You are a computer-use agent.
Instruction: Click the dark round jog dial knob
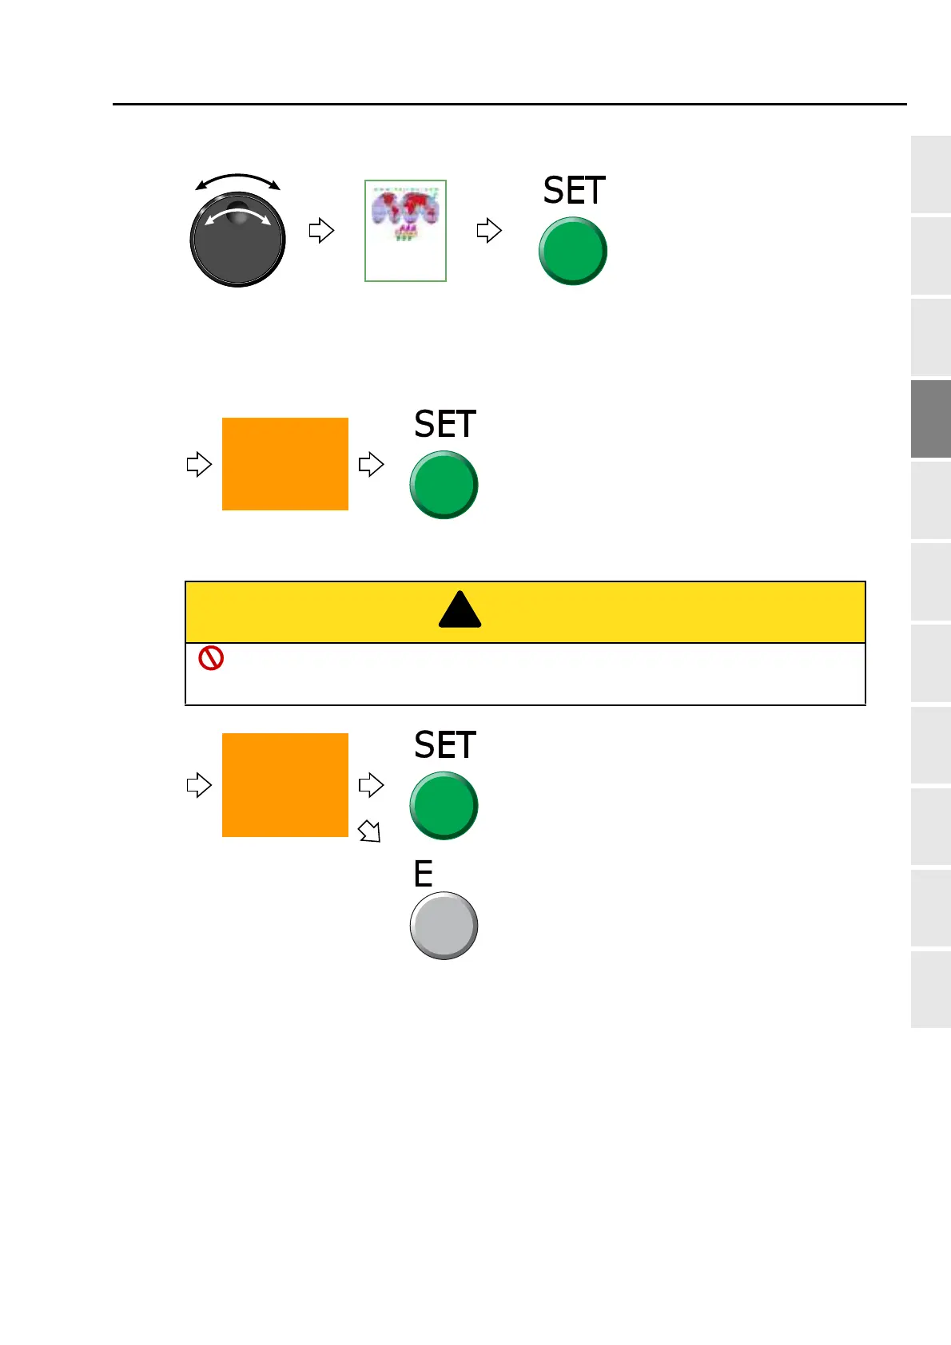(x=237, y=240)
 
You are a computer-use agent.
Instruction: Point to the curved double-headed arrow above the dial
(x=237, y=179)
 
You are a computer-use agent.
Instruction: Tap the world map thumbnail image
(x=405, y=231)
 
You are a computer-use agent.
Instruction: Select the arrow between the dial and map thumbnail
(x=320, y=231)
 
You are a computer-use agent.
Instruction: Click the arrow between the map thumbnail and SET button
(x=488, y=231)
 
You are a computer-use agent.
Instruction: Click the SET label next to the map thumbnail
(x=574, y=192)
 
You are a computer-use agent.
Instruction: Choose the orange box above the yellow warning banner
(x=285, y=464)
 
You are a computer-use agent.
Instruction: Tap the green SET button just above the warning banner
(x=444, y=485)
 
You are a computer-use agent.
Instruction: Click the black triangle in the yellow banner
(x=460, y=611)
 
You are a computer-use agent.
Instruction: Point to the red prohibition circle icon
(x=211, y=658)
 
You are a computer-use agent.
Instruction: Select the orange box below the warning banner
(x=285, y=785)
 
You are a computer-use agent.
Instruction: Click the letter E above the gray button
(x=423, y=875)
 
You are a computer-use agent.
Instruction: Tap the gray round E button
(x=444, y=926)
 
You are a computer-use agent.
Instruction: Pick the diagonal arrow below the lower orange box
(x=369, y=831)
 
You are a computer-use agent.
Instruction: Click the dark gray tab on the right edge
(x=930, y=419)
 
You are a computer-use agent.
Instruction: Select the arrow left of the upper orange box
(x=198, y=464)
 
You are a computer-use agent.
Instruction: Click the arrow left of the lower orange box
(x=198, y=785)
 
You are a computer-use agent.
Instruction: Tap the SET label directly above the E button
(x=444, y=746)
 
